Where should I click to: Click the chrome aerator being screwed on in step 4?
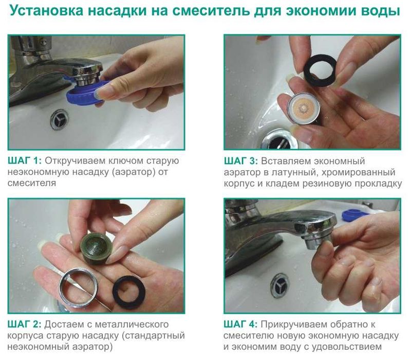[319, 239]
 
